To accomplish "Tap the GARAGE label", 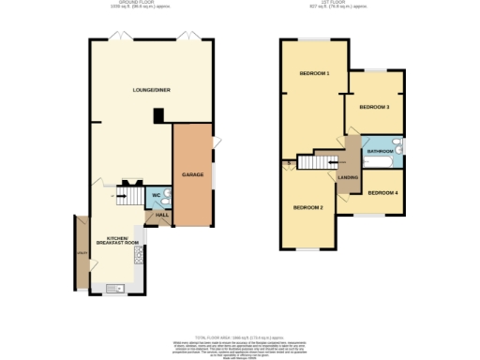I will point(193,174).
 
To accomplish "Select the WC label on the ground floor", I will point(157,195).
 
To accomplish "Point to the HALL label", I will point(161,216).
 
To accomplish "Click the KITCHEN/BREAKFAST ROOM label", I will point(122,240).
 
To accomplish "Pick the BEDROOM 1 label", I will point(314,73).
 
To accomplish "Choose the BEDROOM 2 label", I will point(307,207).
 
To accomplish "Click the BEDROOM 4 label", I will point(382,193).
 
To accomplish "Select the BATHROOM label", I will point(380,151).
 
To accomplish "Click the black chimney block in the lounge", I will point(158,116).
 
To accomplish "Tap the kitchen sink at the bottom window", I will point(116,287).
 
